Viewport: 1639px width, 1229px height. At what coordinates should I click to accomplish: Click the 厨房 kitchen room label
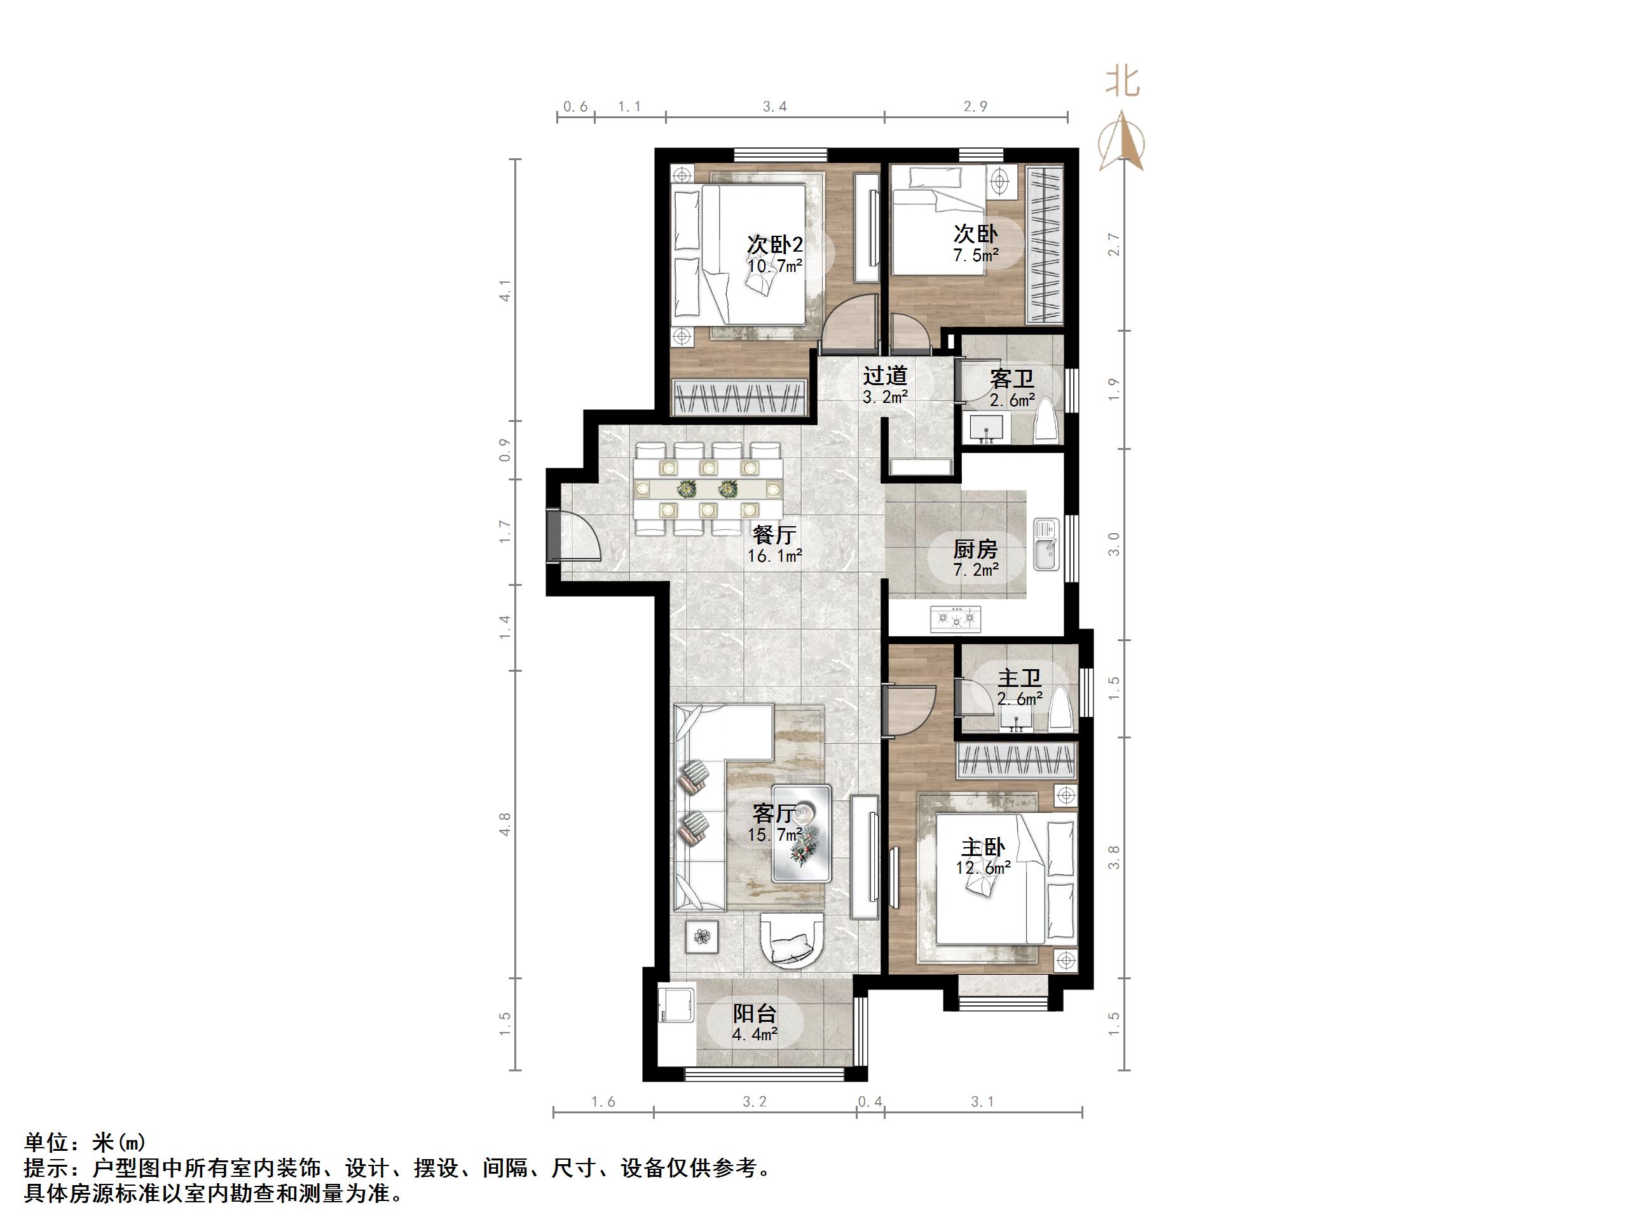(975, 549)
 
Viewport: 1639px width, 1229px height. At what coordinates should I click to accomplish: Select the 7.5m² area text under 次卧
(975, 255)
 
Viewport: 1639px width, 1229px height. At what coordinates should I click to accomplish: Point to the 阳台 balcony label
(755, 1014)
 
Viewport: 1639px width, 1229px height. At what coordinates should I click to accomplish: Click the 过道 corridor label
(885, 376)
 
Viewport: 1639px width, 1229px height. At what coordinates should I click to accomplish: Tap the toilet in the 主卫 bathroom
(1062, 711)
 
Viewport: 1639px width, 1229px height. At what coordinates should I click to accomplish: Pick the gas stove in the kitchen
(956, 618)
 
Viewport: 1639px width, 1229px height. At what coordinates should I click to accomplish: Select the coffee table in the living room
(801, 833)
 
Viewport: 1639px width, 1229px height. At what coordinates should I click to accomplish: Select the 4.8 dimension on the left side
(505, 823)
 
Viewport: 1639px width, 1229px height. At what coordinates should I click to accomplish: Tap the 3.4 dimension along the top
(774, 107)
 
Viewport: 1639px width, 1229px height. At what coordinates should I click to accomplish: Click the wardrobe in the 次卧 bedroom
(1044, 246)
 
